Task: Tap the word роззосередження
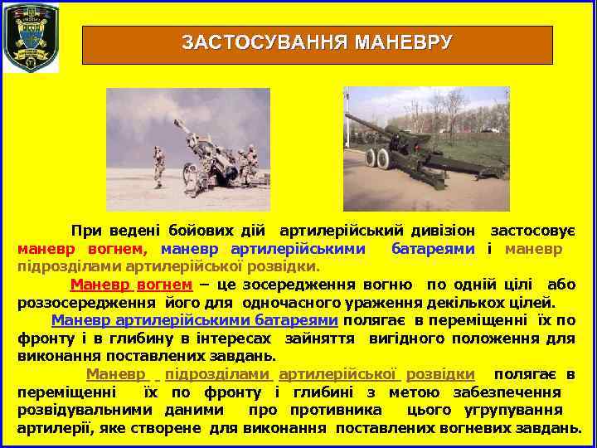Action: (90, 303)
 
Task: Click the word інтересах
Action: (240, 338)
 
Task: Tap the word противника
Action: (336, 410)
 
